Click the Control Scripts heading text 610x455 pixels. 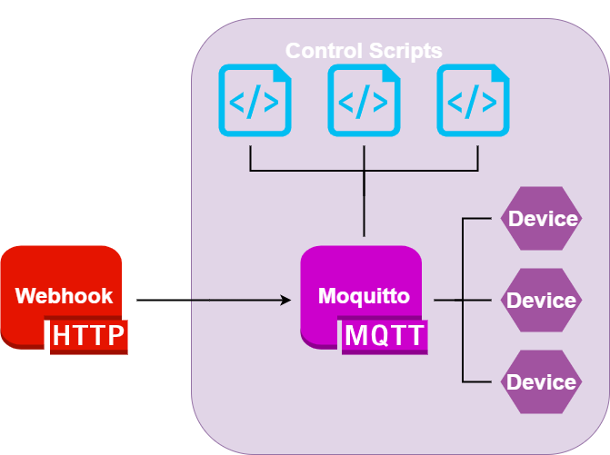coord(364,50)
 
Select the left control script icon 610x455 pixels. coord(255,101)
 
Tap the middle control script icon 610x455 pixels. coord(364,101)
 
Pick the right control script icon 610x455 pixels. coord(473,101)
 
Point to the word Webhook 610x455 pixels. coord(65,295)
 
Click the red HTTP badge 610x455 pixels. coord(88,336)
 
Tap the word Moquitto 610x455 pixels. coord(364,295)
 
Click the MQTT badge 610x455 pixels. coord(384,336)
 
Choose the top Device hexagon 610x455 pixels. coord(542,219)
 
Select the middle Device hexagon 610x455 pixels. coord(542,300)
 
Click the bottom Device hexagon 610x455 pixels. coord(542,381)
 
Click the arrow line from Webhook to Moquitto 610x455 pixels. coord(209,299)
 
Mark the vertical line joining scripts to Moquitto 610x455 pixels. coord(364,204)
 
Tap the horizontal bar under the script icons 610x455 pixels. coord(309,170)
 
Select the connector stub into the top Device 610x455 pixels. coord(482,218)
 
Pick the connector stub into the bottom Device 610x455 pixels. coord(482,381)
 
